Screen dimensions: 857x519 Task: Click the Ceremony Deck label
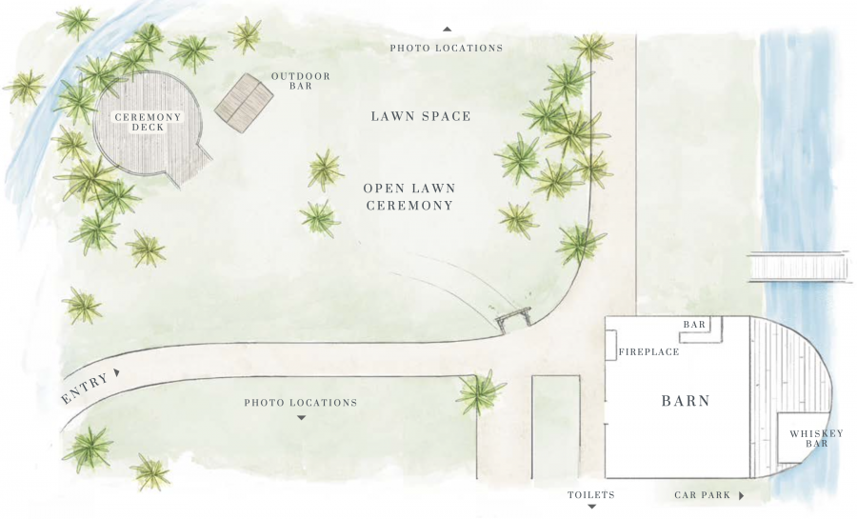click(x=148, y=123)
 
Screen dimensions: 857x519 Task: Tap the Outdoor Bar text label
click(x=301, y=81)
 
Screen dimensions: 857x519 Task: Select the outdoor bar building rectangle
click(x=244, y=103)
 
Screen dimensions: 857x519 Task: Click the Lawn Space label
click(x=421, y=116)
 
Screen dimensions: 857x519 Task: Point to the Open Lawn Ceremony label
click(x=409, y=197)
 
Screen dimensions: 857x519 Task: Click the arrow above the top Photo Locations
click(x=448, y=29)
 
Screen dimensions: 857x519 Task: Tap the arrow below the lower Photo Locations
click(x=301, y=418)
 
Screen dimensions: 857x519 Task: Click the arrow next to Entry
click(x=116, y=372)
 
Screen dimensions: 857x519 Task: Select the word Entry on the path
click(x=84, y=389)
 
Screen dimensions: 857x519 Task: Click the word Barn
click(x=686, y=401)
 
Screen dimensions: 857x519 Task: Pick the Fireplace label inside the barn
click(x=648, y=352)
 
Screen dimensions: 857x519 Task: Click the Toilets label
click(x=590, y=495)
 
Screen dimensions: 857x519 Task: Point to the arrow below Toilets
click(x=591, y=507)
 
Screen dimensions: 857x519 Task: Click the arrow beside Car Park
click(x=741, y=495)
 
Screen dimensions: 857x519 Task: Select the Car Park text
click(x=703, y=495)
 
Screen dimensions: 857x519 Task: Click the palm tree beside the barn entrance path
click(x=481, y=391)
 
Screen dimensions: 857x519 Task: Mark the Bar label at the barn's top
click(x=695, y=325)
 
